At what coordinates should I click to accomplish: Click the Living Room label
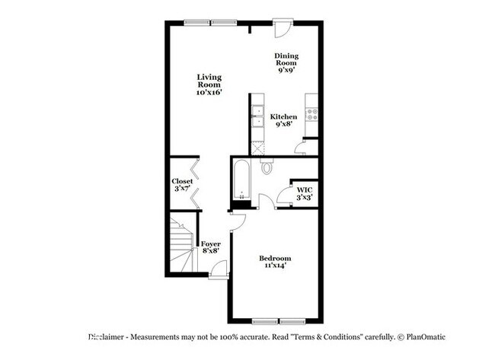coord(208,81)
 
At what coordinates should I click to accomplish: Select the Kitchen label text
coord(284,116)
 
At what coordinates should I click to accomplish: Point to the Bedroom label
coord(276,259)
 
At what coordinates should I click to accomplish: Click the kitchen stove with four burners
coord(311,114)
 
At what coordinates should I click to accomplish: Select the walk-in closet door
coord(285,196)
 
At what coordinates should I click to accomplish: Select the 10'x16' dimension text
coord(208,93)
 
